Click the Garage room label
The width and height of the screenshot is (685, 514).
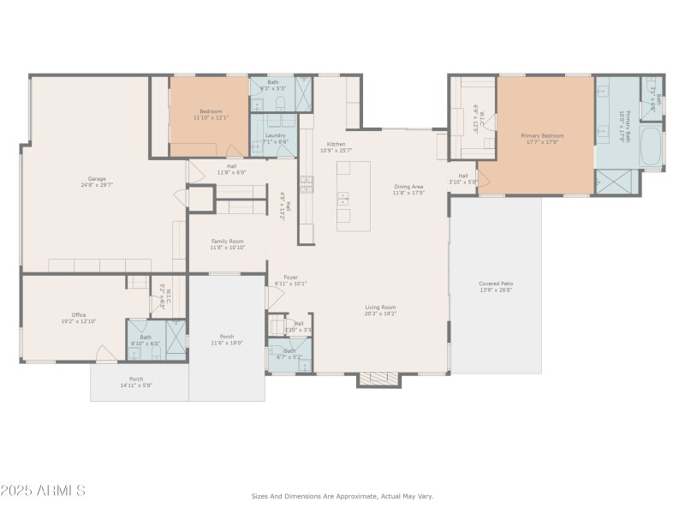coord(97,178)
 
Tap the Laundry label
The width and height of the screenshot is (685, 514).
coord(275,135)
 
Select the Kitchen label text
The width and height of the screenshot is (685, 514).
coord(336,144)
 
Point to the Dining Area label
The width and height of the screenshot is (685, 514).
coord(408,186)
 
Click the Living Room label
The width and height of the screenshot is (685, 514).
coord(380,307)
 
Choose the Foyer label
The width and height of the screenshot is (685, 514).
coord(291,277)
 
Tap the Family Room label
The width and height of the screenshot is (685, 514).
coord(228,242)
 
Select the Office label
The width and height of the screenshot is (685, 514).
coord(79,314)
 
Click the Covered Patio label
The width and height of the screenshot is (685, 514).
coord(496,284)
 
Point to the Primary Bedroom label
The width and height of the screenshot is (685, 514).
coord(543,135)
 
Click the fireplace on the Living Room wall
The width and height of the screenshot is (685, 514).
coord(378,379)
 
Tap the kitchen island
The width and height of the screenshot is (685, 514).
coord(353,195)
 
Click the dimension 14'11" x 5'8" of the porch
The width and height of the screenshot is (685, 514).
coord(136,385)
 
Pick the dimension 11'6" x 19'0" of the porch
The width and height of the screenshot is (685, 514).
coord(227,343)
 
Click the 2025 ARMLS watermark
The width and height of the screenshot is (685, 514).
coord(43,491)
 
